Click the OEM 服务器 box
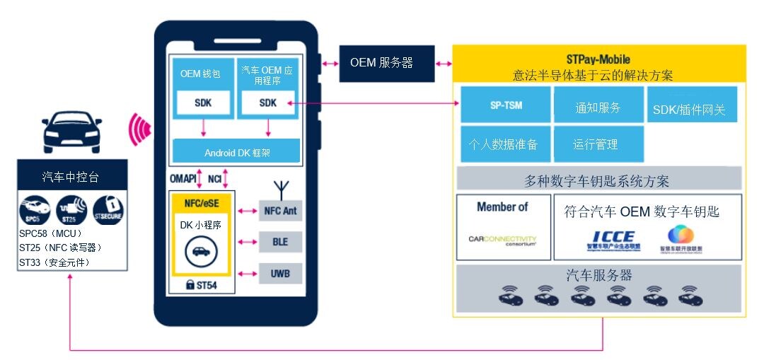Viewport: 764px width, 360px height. click(382, 63)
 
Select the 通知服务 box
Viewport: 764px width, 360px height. click(598, 107)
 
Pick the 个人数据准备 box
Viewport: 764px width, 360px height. click(503, 144)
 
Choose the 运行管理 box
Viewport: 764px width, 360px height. click(598, 144)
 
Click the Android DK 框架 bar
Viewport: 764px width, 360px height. click(236, 151)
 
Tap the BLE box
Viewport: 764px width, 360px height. click(281, 242)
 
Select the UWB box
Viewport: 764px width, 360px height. click(281, 273)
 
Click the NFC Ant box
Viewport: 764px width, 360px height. click(281, 210)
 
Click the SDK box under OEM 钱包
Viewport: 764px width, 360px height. click(203, 103)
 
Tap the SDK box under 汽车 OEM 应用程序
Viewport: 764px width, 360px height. click(268, 103)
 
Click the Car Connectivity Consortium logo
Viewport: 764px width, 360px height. click(502, 240)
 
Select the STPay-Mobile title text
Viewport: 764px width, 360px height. click(598, 59)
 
